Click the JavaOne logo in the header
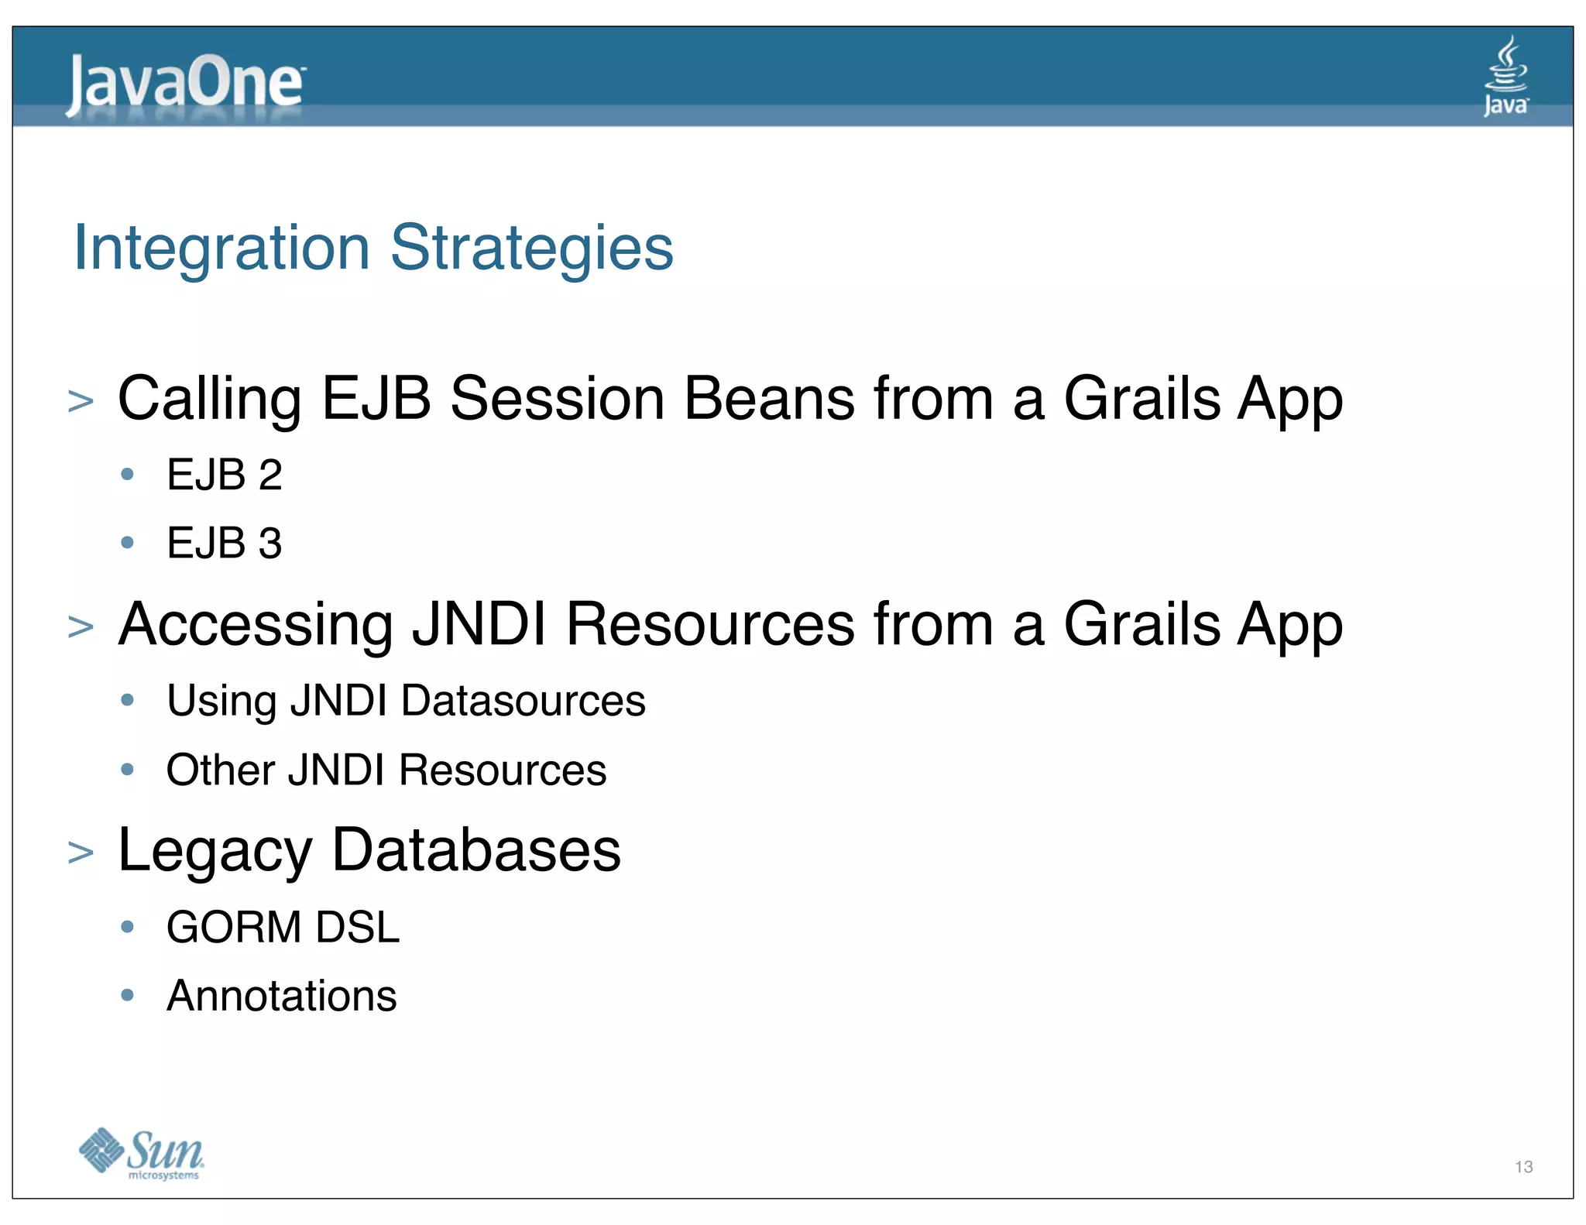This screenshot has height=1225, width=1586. (186, 84)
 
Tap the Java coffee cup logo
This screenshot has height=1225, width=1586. (1505, 76)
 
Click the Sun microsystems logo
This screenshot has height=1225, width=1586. (142, 1154)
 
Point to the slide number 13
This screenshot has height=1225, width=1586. (1523, 1166)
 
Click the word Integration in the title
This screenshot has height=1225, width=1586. (221, 248)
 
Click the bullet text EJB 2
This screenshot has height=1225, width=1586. (224, 475)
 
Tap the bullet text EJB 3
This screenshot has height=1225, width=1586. (224, 543)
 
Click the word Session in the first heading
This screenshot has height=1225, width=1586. (557, 399)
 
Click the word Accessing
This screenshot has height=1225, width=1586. (256, 625)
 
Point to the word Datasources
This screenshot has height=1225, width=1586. (523, 701)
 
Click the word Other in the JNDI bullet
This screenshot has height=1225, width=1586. (220, 770)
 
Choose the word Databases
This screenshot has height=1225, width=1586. (476, 850)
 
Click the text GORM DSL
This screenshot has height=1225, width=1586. (283, 927)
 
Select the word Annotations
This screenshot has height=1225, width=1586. (281, 996)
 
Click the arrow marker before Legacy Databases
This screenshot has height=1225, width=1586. (81, 853)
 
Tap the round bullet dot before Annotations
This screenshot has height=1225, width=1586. (128, 994)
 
